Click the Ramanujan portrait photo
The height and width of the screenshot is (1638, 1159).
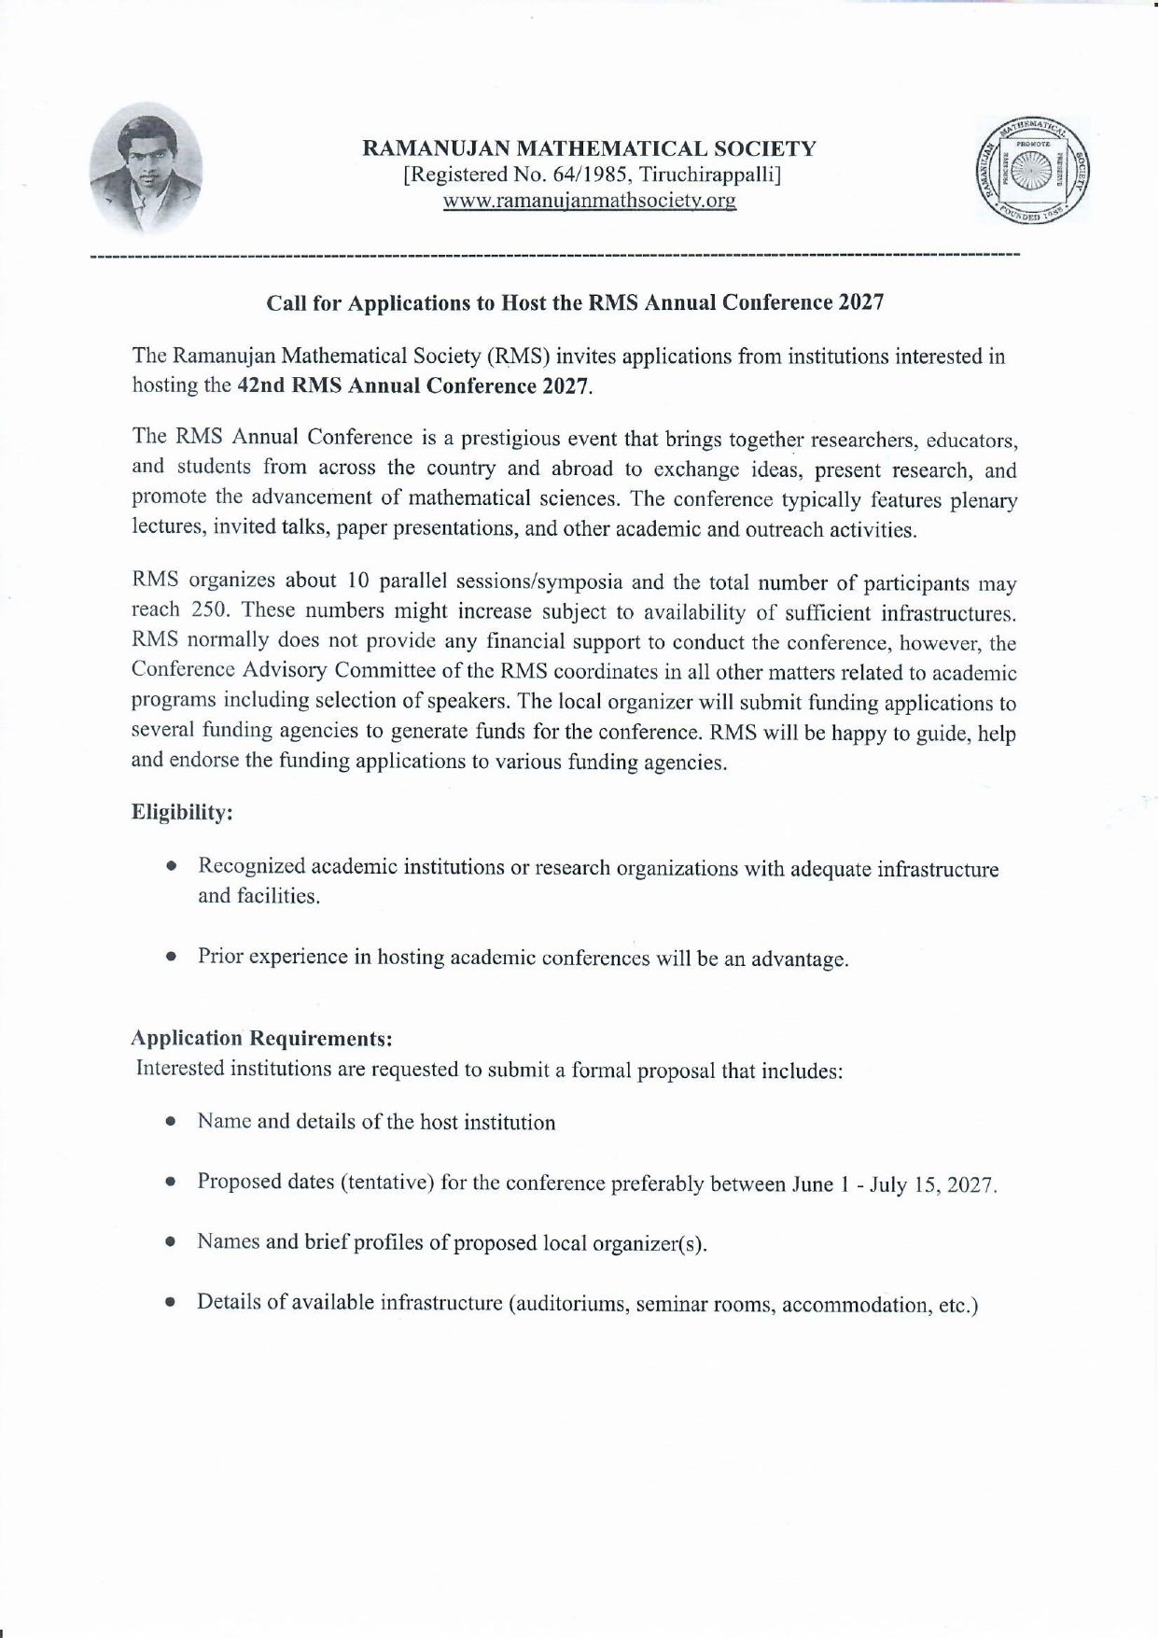146,168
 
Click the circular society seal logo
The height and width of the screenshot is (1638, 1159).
1032,171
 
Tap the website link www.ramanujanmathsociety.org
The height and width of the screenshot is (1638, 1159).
589,201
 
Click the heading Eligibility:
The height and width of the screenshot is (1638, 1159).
182,812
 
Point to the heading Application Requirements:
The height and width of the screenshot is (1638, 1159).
261,1038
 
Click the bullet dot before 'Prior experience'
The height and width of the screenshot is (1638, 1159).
171,958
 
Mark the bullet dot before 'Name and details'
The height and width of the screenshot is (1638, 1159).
171,1123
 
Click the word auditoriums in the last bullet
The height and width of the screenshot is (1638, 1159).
568,1304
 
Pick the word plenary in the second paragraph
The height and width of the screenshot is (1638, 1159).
984,501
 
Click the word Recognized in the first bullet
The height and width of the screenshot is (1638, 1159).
251,866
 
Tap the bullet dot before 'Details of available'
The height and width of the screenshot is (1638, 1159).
171,1303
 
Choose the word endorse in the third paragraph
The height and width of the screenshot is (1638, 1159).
204,761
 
